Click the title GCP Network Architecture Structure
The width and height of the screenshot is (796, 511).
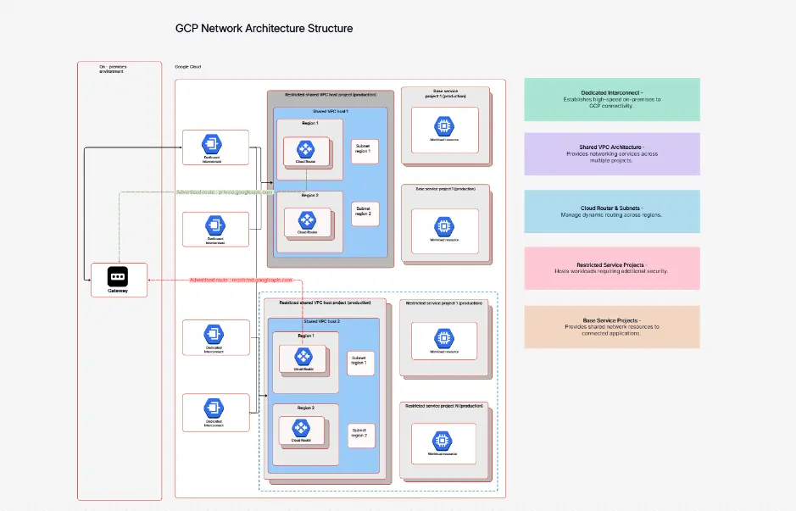pyautogui.click(x=264, y=28)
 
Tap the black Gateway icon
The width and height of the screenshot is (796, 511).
pyautogui.click(x=118, y=275)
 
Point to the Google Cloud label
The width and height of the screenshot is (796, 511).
pyautogui.click(x=187, y=67)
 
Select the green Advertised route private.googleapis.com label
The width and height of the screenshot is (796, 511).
pyautogui.click(x=225, y=192)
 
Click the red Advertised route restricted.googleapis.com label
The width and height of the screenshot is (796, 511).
pyautogui.click(x=240, y=280)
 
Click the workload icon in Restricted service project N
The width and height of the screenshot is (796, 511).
pyautogui.click(x=443, y=441)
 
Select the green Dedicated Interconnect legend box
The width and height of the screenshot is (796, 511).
pyautogui.click(x=612, y=99)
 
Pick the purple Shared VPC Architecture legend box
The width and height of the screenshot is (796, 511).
pyautogui.click(x=612, y=153)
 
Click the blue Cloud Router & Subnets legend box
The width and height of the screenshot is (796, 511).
pyautogui.click(x=612, y=211)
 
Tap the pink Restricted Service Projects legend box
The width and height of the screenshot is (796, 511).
pyautogui.click(x=612, y=268)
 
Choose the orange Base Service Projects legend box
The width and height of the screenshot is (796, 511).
pyautogui.click(x=612, y=326)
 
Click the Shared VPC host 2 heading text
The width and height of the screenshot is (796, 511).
pyautogui.click(x=321, y=322)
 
